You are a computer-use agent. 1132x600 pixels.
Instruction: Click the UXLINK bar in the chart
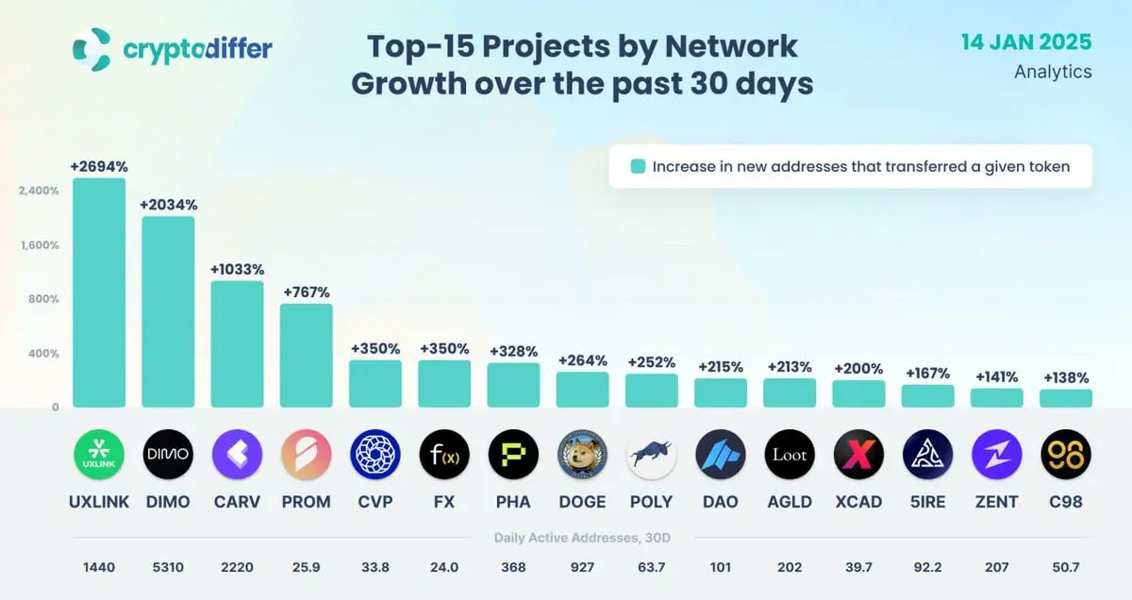point(99,292)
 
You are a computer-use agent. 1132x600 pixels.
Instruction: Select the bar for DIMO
point(168,311)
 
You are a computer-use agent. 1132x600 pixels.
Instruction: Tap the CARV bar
point(237,343)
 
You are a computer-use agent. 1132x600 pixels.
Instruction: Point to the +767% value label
point(306,292)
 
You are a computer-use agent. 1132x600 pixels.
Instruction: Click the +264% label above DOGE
point(582,360)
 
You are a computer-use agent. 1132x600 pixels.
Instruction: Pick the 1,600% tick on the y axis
point(39,245)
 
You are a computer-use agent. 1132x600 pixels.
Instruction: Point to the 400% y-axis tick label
point(42,354)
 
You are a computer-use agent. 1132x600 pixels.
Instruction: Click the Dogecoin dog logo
point(582,456)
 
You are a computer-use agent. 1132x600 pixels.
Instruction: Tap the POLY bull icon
point(651,456)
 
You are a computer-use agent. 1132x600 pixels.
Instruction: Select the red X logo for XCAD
point(858,456)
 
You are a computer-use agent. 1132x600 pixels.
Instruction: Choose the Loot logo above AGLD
point(790,456)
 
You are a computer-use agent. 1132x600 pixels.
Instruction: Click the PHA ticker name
point(513,502)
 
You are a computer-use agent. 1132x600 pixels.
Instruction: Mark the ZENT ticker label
point(997,502)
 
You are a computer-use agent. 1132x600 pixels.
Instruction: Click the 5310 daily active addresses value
point(168,568)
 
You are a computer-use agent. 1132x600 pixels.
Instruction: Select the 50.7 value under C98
point(1066,568)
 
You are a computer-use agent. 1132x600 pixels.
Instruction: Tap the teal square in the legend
point(638,167)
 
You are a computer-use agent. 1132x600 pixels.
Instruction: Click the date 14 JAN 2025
point(1026,42)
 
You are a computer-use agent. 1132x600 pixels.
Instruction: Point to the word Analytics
point(1053,72)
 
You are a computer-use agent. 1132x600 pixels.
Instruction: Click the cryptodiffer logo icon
point(92,48)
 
